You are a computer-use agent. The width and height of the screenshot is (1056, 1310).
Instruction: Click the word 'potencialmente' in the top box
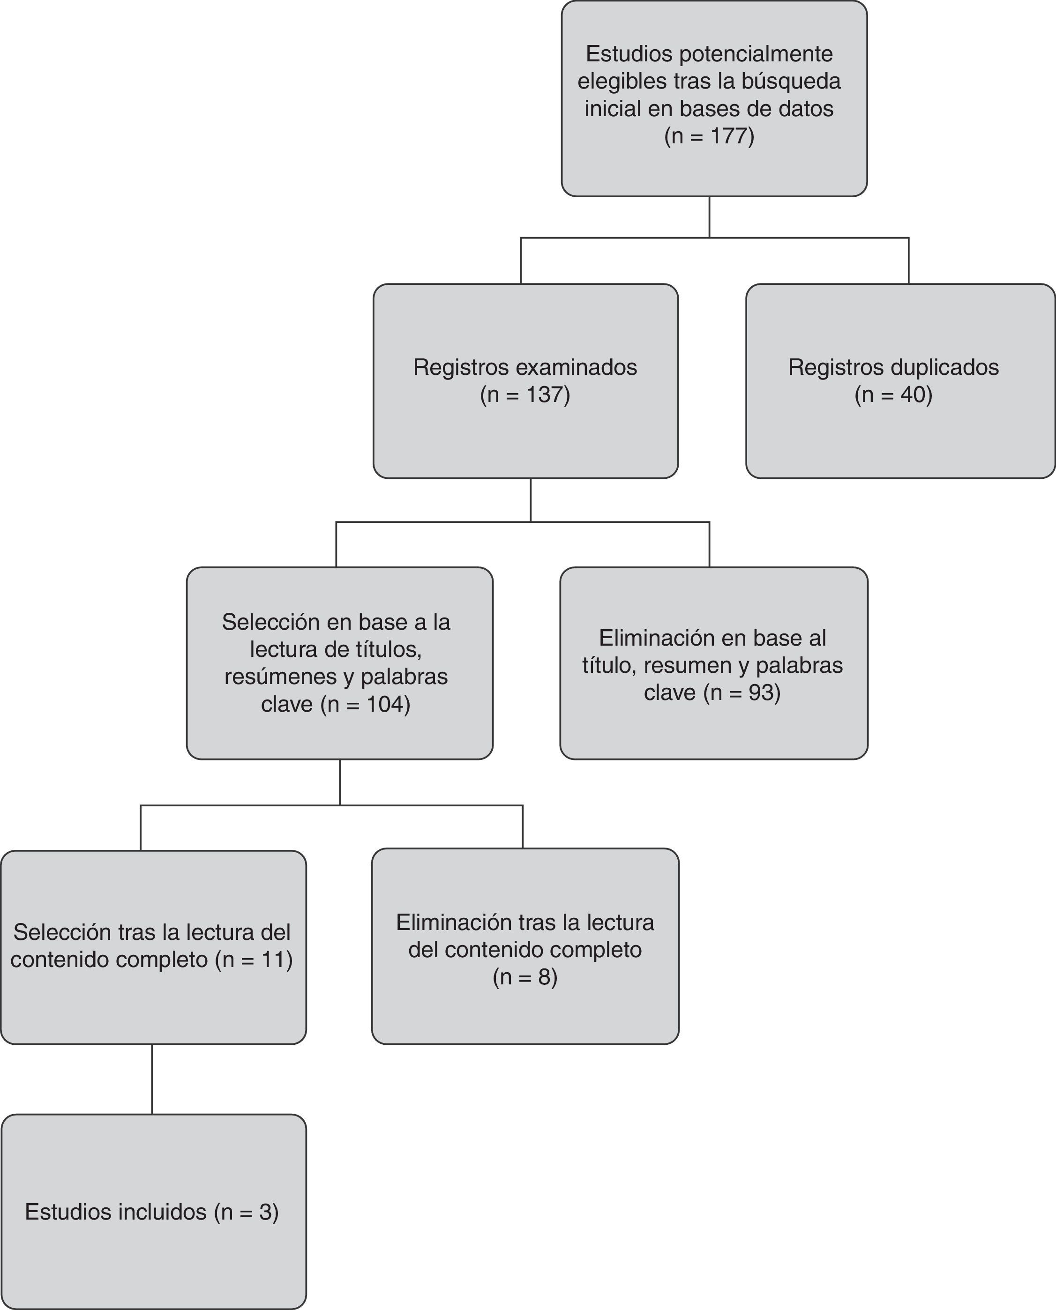756,53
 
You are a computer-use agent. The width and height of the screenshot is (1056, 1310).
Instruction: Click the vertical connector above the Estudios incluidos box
152,1079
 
